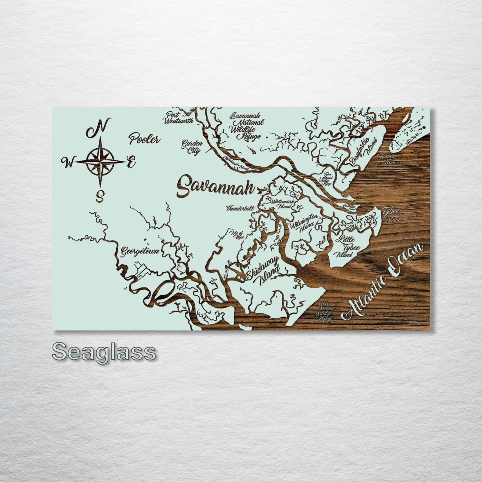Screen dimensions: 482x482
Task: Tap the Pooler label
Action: click(x=144, y=138)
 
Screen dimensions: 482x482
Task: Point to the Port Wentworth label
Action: click(x=178, y=118)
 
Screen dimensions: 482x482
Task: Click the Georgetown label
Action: click(x=140, y=251)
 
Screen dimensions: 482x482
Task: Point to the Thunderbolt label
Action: click(x=240, y=209)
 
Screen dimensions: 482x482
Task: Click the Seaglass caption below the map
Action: click(x=104, y=352)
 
